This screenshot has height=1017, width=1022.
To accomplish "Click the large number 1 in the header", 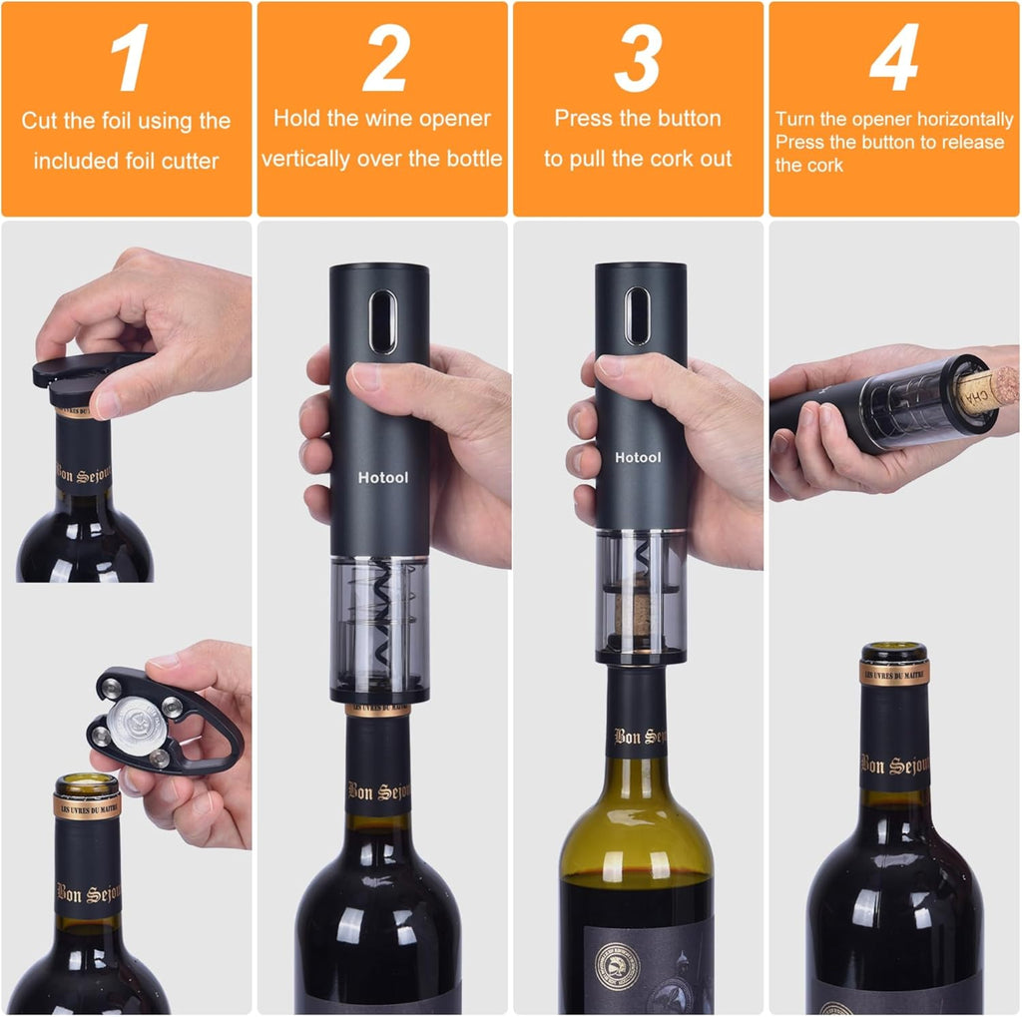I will point(129,61).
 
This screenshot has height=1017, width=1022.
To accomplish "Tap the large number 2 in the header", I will point(383,61).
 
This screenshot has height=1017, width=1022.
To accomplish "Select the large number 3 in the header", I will point(639,61).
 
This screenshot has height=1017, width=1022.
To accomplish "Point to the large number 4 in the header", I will point(893,61).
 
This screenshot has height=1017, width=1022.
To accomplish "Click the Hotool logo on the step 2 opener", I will point(383,478).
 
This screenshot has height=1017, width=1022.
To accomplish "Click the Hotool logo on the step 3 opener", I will point(638,457).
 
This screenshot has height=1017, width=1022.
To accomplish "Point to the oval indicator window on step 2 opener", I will point(381,321).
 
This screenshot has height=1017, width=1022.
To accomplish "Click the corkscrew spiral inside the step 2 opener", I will point(381,619).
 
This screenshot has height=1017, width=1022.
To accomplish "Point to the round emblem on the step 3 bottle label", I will point(616,966).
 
